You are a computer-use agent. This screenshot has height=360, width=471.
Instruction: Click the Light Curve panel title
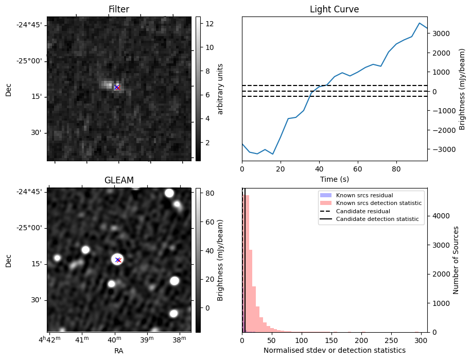pyautogui.click(x=334, y=9)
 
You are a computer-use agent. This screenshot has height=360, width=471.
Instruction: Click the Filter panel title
pyautogui.click(x=119, y=9)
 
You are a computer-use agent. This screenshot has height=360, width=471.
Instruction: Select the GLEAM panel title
pyautogui.click(x=119, y=180)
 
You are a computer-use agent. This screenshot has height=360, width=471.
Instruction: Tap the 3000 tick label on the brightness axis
pyautogui.click(x=441, y=33)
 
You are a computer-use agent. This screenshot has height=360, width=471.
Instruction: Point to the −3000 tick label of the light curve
pyautogui.click(x=441, y=149)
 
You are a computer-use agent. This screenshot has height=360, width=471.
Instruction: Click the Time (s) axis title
pyautogui.click(x=334, y=179)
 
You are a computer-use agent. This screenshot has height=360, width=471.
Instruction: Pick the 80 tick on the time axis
pyautogui.click(x=396, y=169)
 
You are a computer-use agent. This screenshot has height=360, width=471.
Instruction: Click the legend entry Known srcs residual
pyautogui.click(x=364, y=195)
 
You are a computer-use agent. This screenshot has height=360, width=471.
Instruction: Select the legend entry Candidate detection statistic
pyautogui.click(x=377, y=219)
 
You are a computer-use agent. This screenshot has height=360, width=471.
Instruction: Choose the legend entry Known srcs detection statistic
pyautogui.click(x=379, y=203)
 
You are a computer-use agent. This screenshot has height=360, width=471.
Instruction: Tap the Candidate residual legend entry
pyautogui.click(x=363, y=211)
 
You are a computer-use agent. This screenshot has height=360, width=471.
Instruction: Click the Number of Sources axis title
pyautogui.click(x=456, y=260)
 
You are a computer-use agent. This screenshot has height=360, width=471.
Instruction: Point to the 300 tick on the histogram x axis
pyautogui.click(x=421, y=340)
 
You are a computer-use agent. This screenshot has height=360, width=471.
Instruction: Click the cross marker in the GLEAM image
pyautogui.click(x=118, y=260)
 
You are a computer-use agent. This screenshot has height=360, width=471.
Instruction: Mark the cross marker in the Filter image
pyautogui.click(x=117, y=88)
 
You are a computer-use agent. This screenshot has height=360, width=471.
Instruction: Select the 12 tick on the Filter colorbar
pyautogui.click(x=210, y=24)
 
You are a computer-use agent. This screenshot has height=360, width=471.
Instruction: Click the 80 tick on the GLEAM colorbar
pyautogui.click(x=210, y=193)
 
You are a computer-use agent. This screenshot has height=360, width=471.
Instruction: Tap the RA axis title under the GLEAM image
pyautogui.click(x=119, y=351)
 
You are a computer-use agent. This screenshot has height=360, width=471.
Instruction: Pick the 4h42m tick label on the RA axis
pyautogui.click(x=49, y=339)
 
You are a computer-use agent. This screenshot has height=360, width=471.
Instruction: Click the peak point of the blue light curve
pyautogui.click(x=420, y=23)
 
